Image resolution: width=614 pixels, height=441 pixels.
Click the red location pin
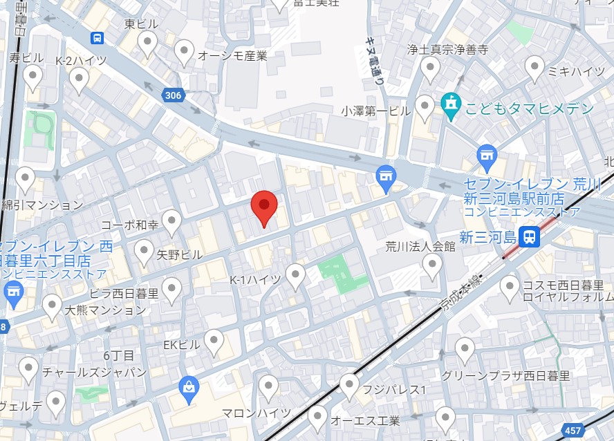pyautogui.click(x=263, y=207)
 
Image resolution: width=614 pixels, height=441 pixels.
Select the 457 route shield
pyautogui.click(x=573, y=431)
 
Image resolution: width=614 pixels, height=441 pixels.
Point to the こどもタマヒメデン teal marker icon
pyautogui.click(x=451, y=108)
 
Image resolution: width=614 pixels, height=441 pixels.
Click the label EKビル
pyautogui.click(x=181, y=344)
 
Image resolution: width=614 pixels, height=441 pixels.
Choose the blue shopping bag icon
pyautogui.click(x=188, y=390)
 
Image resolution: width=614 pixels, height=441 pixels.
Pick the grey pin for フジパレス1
pyautogui.click(x=349, y=384)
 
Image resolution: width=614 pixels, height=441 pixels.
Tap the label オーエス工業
pyautogui.click(x=366, y=420)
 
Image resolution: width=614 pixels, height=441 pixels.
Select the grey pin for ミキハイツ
pyautogui.click(x=534, y=68)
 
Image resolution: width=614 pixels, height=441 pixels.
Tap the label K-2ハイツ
pyautogui.click(x=82, y=60)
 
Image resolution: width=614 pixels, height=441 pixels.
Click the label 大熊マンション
pyautogui.click(x=105, y=310)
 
